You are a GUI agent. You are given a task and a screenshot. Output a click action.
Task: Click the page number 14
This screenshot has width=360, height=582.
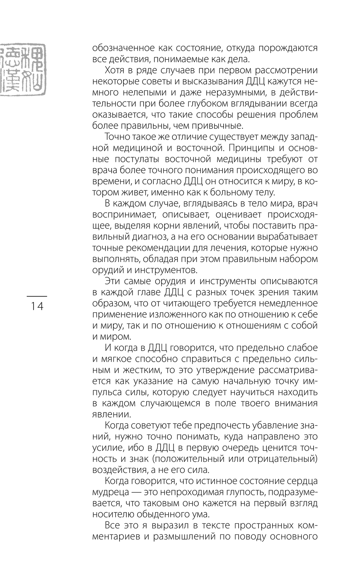coord(37,306)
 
